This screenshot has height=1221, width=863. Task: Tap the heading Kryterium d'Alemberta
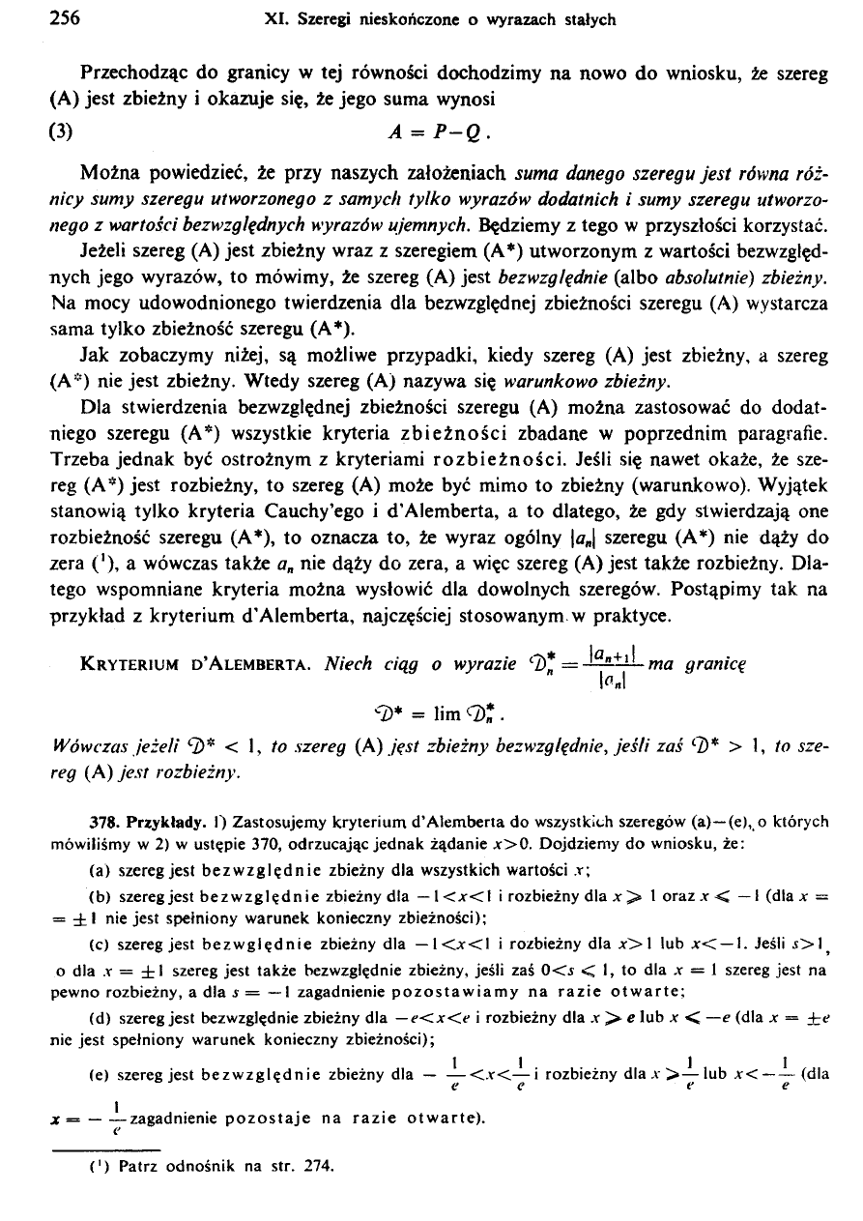(x=196, y=665)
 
